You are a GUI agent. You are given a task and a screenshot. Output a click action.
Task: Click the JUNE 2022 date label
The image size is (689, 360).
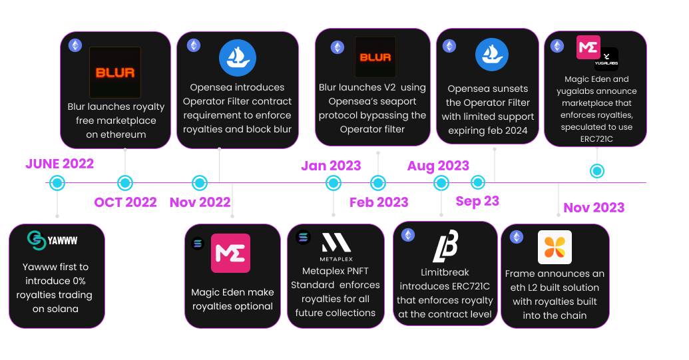tap(59, 164)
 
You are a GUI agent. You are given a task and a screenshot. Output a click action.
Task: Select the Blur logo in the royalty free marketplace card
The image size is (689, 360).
tap(115, 73)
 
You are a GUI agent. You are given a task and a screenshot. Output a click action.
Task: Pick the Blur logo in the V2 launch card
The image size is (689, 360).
tap(375, 57)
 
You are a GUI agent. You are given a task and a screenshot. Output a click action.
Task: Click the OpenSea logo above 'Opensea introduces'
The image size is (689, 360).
tap(238, 59)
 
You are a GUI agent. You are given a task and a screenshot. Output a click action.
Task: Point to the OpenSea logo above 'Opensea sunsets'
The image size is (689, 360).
tap(492, 55)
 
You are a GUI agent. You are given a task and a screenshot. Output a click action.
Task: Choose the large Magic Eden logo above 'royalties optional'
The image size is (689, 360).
tap(230, 253)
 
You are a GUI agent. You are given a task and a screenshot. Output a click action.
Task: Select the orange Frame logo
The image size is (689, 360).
tap(555, 248)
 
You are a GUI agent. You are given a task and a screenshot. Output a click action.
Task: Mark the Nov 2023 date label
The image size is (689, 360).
tap(594, 208)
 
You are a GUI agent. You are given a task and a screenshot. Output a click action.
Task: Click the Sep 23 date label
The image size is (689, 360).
tap(477, 200)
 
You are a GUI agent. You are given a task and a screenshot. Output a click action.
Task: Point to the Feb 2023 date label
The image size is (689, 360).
tap(379, 202)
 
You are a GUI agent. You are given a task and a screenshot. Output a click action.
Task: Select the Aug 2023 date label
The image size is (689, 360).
tap(438, 166)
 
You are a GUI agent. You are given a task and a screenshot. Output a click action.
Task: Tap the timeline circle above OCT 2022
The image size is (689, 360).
tap(124, 182)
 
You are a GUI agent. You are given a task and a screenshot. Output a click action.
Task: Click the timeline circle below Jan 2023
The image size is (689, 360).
tap(333, 183)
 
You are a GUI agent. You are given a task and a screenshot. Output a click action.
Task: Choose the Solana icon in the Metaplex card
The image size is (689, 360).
tap(304, 236)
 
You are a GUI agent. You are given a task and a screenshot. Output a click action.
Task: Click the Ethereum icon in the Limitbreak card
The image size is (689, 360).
tap(407, 235)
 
